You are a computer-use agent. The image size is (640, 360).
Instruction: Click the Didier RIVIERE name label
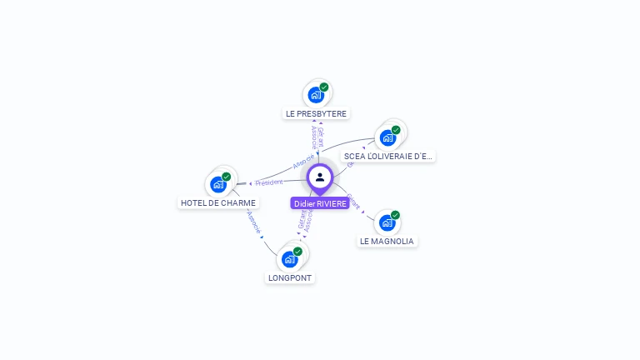320,203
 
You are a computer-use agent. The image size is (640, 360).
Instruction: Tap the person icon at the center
320,177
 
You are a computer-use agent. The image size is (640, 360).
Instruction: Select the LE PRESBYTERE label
316,113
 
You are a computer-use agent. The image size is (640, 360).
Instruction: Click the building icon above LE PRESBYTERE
315,95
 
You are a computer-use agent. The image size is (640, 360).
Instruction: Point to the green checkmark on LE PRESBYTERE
324,87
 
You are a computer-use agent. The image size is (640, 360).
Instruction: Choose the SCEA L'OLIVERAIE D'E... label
388,156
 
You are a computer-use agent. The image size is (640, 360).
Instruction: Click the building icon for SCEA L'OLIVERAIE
387,137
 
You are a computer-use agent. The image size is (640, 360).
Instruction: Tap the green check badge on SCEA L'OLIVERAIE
396,129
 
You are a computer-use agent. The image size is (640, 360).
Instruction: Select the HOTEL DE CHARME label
218,202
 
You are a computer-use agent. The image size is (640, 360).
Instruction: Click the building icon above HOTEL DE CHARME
217,184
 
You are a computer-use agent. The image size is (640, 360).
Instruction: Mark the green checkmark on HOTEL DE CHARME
227,177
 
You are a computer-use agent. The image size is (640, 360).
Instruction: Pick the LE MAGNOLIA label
387,241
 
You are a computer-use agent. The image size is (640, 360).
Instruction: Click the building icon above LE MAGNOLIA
386,222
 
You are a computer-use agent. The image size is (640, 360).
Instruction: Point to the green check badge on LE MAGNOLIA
395,215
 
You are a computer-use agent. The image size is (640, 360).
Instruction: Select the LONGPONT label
290,277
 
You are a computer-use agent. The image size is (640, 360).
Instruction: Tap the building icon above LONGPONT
289,259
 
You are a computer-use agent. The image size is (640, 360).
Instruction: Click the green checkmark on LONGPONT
298,251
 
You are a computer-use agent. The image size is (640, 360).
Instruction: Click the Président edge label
269,182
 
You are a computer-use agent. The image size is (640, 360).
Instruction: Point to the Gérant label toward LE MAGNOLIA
353,201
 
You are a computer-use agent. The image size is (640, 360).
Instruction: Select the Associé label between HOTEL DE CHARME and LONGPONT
254,221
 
